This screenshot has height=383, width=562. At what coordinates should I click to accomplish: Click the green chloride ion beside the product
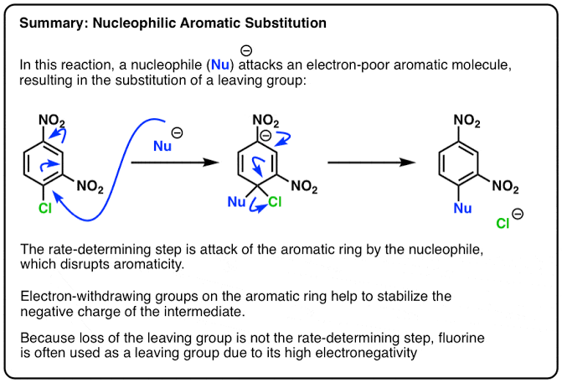pos(504,225)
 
